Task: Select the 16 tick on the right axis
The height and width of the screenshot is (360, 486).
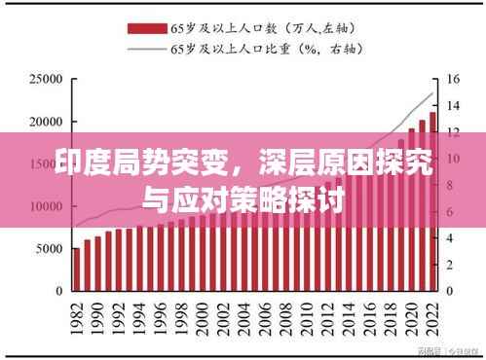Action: pos(453,79)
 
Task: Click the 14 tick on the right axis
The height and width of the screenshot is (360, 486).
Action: pos(453,105)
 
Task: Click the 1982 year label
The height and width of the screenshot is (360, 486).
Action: pos(76,317)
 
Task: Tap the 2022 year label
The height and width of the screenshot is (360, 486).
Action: pos(433,317)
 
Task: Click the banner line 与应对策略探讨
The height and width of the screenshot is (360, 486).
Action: pos(243,204)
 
